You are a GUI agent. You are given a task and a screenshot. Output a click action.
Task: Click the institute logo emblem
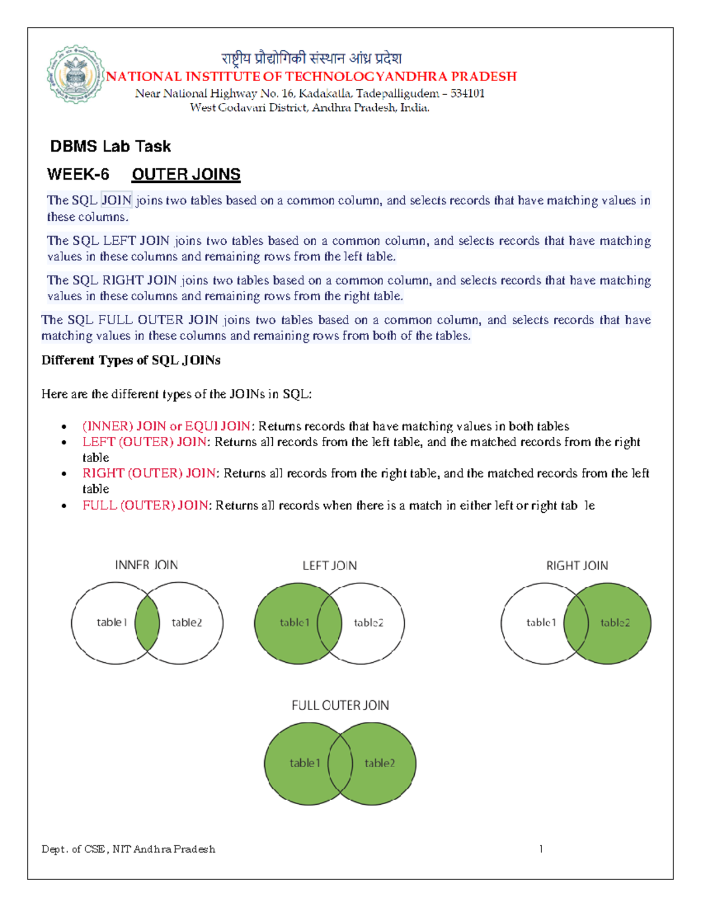pos(75,75)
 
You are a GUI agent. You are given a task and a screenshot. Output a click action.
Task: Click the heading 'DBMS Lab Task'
pos(110,147)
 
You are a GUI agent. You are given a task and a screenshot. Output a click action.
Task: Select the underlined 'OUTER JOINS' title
pos(186,175)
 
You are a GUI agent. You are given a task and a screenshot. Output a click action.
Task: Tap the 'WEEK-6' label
pos(78,175)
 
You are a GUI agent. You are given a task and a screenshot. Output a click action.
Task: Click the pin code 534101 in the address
pos(467,93)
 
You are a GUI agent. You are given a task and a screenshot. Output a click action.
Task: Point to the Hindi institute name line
pos(311,58)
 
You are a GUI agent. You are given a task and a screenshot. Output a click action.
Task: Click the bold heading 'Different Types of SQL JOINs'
pos(131,360)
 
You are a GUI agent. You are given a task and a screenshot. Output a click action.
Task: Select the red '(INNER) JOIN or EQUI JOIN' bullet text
pos(166,426)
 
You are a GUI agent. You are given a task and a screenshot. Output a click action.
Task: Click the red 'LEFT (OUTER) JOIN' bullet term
pos(144,442)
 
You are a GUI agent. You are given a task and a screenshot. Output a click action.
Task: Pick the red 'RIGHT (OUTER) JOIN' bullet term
pos(149,473)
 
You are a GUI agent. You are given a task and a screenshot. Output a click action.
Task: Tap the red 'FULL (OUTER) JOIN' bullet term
pos(145,505)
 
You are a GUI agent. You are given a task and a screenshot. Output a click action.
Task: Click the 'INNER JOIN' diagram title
pos(146,565)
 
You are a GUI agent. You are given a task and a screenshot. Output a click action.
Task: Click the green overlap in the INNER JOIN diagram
pos(147,623)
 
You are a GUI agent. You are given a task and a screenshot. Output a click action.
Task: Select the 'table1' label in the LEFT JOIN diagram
pos(294,623)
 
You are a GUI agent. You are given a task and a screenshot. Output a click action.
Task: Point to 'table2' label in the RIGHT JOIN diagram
pos(615,623)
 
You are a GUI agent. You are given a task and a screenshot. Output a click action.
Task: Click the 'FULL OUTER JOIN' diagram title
pos(340,706)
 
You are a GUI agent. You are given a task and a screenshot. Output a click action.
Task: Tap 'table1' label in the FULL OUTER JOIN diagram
pos(305,763)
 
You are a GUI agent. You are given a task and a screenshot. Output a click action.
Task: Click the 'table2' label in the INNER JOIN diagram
pos(187,623)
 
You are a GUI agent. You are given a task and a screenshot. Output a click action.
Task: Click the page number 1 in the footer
pos(541,849)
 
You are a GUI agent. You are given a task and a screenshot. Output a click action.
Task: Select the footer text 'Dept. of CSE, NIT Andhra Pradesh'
pos(129,849)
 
